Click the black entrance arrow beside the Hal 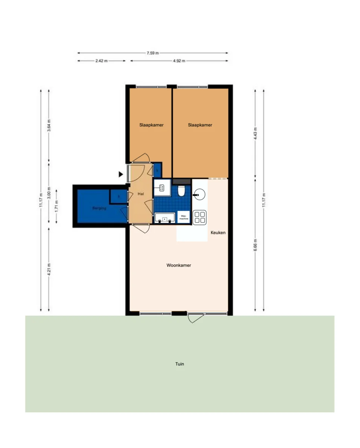tap(120, 174)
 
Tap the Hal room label tap(140, 194)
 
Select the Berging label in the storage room tap(99, 208)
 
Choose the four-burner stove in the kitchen tap(200, 217)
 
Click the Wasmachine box tap(184, 217)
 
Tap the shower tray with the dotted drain tap(162, 188)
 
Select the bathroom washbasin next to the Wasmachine tap(165, 218)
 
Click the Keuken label tap(218, 232)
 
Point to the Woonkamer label tap(179, 265)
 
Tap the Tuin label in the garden tap(180, 364)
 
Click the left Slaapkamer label tap(151, 125)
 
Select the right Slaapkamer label tap(200, 125)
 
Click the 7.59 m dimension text tap(153, 53)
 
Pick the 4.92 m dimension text tap(179, 61)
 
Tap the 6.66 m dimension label tap(255, 245)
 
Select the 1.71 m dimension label tap(56, 206)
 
